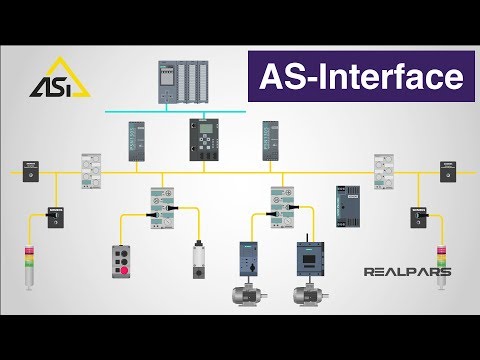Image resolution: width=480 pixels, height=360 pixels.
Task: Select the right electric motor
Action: (305, 296)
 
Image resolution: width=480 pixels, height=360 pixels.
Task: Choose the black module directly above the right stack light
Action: (416, 214)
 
